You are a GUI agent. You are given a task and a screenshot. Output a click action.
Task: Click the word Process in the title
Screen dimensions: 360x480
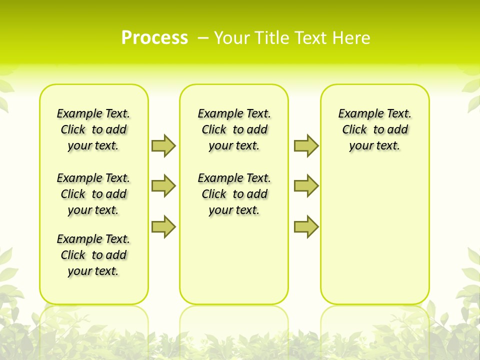pyautogui.click(x=154, y=38)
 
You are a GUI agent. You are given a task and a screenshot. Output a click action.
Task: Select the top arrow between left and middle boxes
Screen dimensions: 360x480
pyautogui.click(x=163, y=145)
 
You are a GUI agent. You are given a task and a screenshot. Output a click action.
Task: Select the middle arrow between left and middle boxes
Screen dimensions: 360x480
pyautogui.click(x=163, y=186)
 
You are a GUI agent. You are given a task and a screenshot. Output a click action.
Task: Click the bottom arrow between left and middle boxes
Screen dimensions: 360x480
pyautogui.click(x=163, y=226)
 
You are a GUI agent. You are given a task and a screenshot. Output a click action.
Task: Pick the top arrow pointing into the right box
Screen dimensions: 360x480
pyautogui.click(x=306, y=145)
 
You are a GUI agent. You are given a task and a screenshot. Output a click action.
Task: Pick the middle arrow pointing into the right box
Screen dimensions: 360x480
pyautogui.click(x=306, y=186)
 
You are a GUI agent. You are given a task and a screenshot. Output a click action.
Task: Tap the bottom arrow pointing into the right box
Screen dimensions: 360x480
pyautogui.click(x=306, y=226)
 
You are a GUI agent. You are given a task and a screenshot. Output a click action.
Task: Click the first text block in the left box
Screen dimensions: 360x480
pyautogui.click(x=93, y=129)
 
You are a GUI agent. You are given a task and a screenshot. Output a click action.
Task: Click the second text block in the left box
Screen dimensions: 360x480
pyautogui.click(x=93, y=194)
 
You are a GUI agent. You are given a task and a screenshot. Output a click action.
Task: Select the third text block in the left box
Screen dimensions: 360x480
pyautogui.click(x=93, y=255)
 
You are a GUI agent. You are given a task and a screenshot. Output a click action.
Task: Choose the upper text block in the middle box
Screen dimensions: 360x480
pyautogui.click(x=234, y=129)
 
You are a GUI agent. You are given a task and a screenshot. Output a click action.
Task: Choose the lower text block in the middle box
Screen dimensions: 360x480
pyautogui.click(x=234, y=194)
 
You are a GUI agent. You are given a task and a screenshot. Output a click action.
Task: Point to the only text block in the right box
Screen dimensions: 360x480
pyautogui.click(x=374, y=129)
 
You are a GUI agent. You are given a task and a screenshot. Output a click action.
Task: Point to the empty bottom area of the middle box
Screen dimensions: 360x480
pyautogui.click(x=234, y=265)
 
